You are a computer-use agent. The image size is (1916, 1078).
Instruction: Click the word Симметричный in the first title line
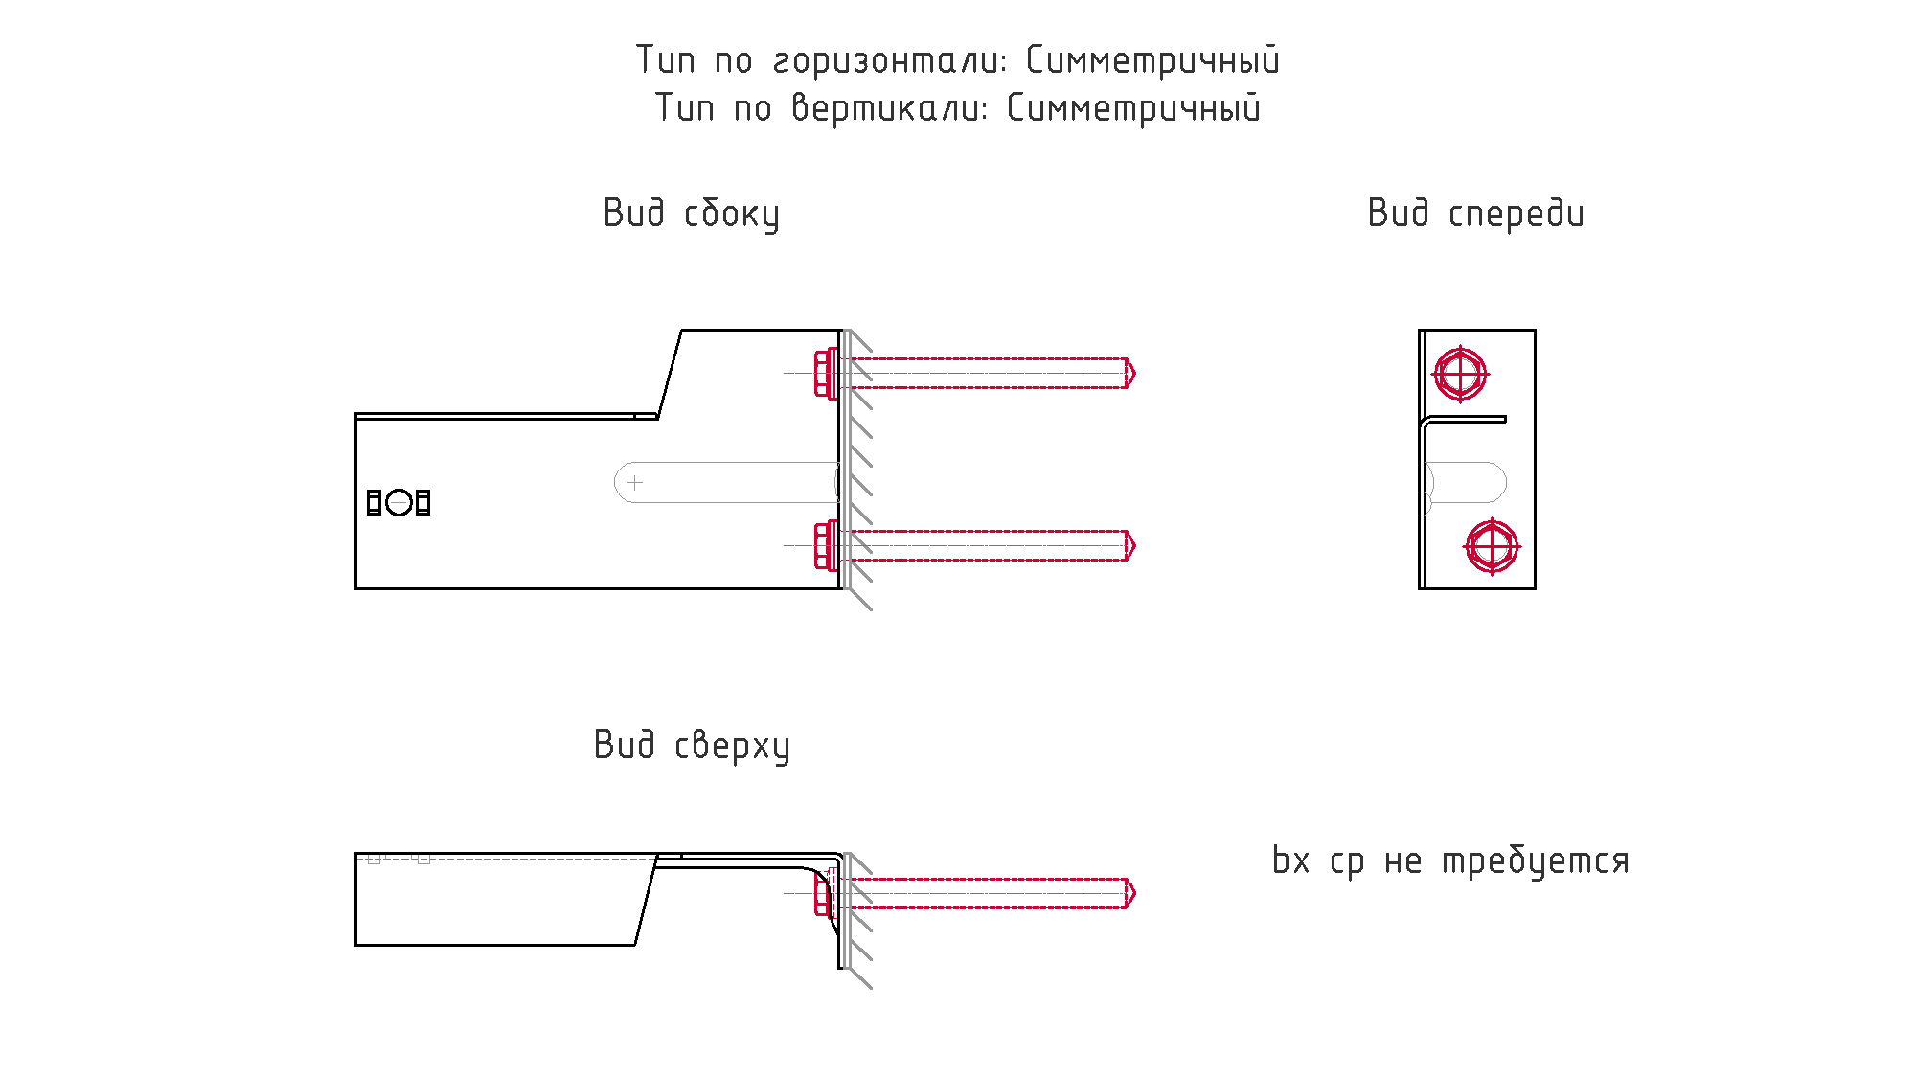tap(1152, 60)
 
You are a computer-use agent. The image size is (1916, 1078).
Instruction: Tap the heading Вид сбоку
tap(691, 214)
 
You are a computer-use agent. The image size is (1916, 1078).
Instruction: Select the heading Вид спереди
tap(1475, 214)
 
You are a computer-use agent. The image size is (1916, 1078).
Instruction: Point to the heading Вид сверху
tap(692, 745)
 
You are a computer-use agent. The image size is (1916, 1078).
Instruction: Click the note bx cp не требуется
tap(1450, 861)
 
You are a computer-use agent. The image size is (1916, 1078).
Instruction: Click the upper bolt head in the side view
tap(825, 373)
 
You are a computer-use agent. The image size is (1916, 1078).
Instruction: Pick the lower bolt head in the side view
tap(825, 545)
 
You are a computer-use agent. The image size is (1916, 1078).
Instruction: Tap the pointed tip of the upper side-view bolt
tap(1135, 373)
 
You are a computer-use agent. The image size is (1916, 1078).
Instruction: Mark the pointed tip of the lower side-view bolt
tap(1135, 545)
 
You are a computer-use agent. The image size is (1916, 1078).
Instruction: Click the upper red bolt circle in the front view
tap(1460, 374)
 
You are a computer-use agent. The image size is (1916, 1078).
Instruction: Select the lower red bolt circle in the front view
tap(1492, 546)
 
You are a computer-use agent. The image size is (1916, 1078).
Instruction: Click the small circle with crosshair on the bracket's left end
tap(399, 502)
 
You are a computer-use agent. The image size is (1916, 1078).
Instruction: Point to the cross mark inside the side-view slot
tap(635, 482)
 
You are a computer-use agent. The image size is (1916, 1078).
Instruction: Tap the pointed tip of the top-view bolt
tap(1135, 893)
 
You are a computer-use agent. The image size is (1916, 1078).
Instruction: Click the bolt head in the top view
tap(822, 893)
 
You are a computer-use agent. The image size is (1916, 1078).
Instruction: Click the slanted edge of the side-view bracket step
tap(670, 374)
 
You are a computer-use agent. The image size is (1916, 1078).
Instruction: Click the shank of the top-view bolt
tap(987, 893)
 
